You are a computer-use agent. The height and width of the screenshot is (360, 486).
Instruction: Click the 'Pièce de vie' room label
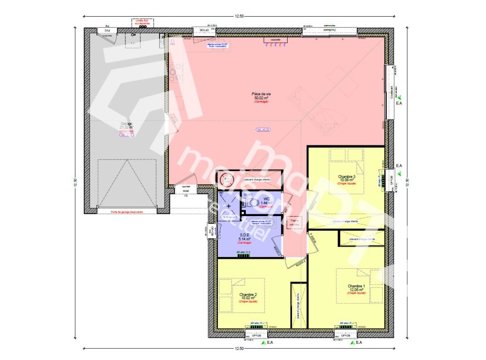click(262, 94)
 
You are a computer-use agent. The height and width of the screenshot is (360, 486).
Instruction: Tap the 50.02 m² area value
click(262, 98)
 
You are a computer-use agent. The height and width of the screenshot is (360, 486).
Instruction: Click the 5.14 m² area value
click(245, 238)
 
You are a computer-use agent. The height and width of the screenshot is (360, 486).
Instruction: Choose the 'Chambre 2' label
click(248, 294)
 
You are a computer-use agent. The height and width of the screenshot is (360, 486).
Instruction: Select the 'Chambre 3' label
click(346, 177)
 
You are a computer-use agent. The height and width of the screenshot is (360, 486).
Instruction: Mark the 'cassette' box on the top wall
click(275, 40)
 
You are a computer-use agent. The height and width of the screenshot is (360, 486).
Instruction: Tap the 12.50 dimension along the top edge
click(239, 17)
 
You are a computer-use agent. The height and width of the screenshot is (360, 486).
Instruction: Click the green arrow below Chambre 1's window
click(351, 342)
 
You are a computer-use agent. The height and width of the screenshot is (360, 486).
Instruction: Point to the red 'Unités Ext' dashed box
click(140, 22)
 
